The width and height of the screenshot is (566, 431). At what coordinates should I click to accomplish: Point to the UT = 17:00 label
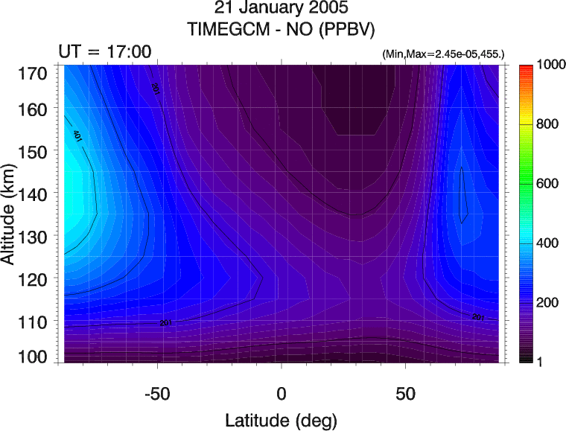105,52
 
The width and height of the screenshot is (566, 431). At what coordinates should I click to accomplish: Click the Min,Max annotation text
443,54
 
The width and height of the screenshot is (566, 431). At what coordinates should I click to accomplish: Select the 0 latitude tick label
282,392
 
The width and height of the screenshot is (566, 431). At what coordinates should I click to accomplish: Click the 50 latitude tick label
405,392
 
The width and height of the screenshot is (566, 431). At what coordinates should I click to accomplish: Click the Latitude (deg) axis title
282,418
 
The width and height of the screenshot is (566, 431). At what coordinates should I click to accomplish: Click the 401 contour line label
77,135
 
